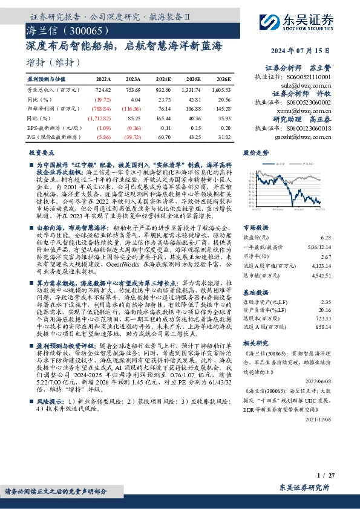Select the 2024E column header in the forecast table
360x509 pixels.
(x=163, y=79)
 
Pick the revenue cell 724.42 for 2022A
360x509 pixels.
(x=103, y=89)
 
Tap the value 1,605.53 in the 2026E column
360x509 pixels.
(x=221, y=89)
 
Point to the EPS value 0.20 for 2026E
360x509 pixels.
(x=225, y=128)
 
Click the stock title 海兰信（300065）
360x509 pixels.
(x=68, y=30)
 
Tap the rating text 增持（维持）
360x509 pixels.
(x=54, y=62)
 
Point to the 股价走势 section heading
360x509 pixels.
(x=255, y=154)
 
